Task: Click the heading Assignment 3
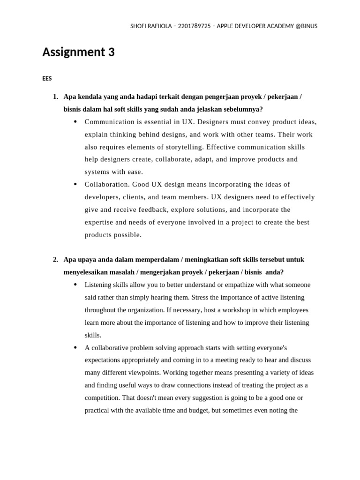pos(78,52)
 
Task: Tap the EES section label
pos(47,79)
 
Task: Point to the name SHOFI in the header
pos(139,26)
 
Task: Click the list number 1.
pos(55,97)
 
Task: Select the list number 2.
pos(55,260)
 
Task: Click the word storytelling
pos(179,147)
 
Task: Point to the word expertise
pos(99,223)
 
